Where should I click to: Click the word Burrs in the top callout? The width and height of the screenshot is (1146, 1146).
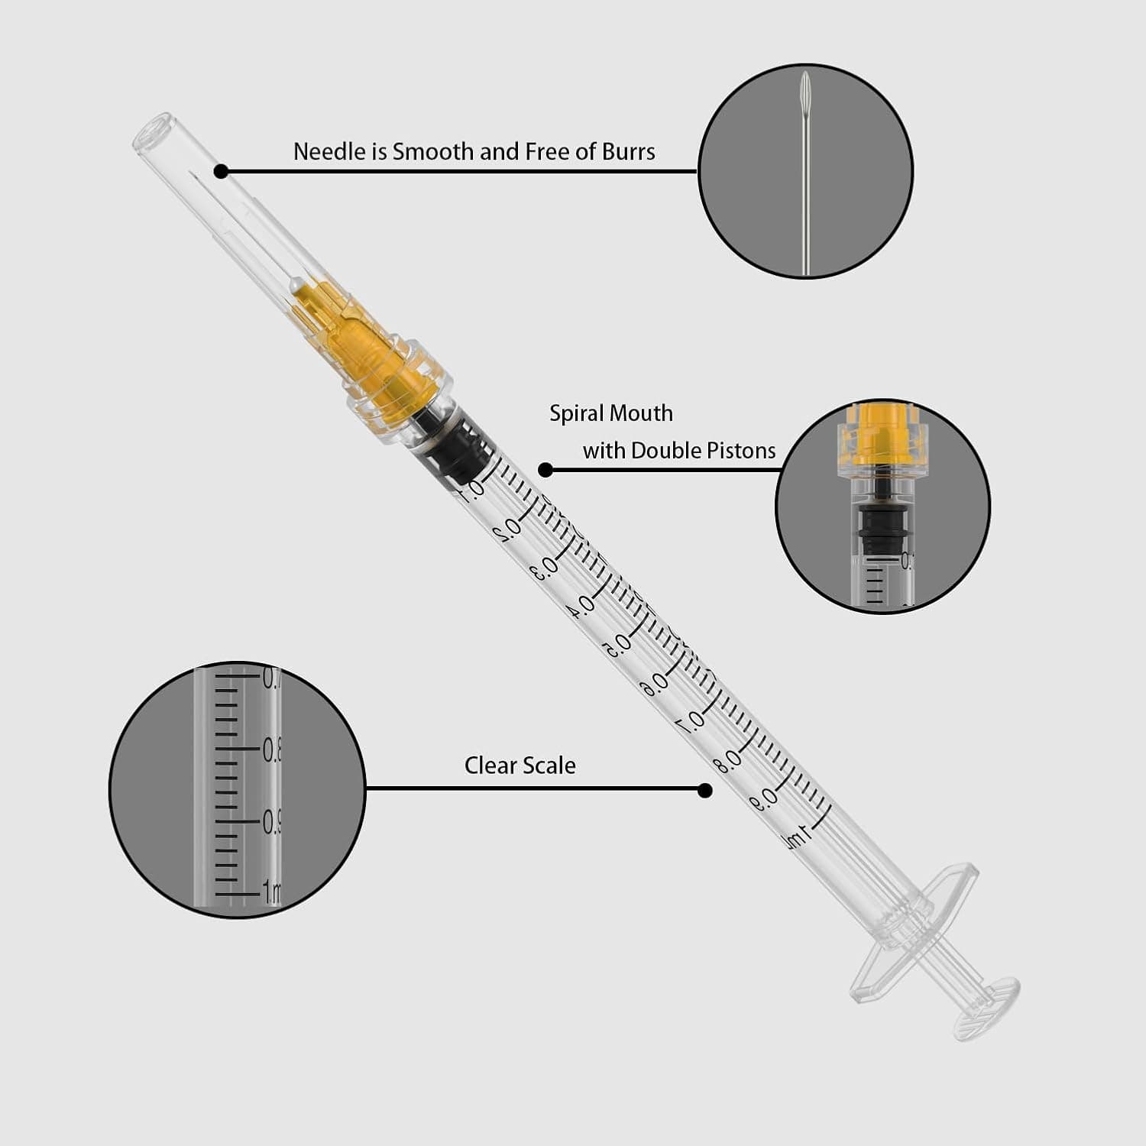pyautogui.click(x=628, y=151)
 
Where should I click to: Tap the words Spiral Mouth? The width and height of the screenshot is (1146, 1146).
pyautogui.click(x=611, y=413)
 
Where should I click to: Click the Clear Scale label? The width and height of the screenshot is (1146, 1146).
pyautogui.click(x=520, y=766)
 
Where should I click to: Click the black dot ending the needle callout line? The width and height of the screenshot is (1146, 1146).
pyautogui.click(x=221, y=172)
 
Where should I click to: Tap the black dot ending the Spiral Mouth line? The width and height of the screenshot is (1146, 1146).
pyautogui.click(x=545, y=470)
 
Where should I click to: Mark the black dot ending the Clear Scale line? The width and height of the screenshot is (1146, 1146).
pyautogui.click(x=705, y=790)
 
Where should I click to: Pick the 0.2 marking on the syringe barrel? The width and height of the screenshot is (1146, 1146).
pyautogui.click(x=507, y=528)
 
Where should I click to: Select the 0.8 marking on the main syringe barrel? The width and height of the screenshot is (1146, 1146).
pyautogui.click(x=728, y=760)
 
